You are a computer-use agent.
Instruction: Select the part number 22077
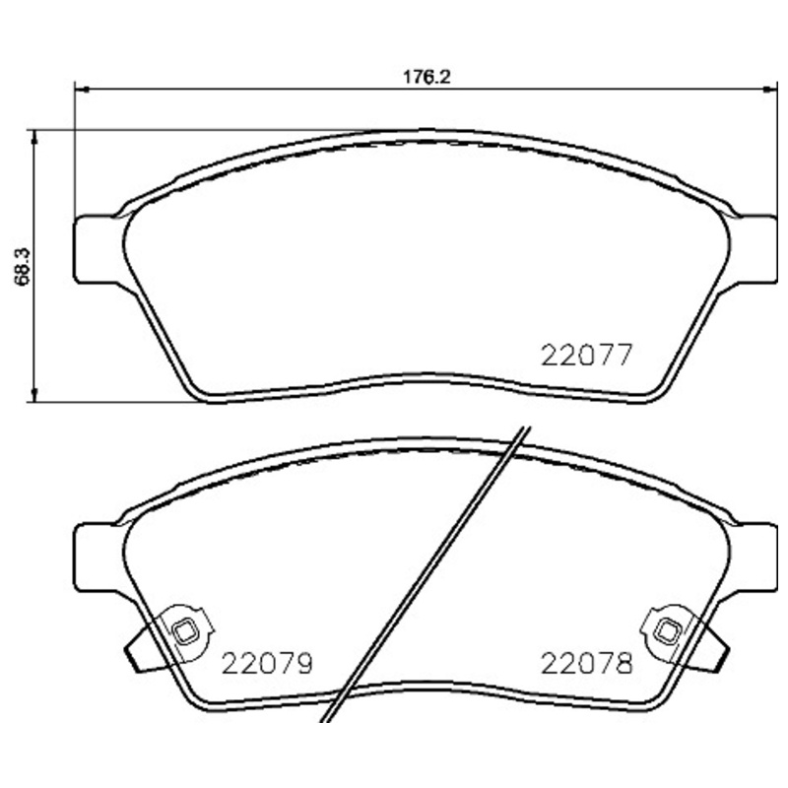coord(585,355)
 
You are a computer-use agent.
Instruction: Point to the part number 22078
coord(585,663)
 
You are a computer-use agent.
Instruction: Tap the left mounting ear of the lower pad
coord(97,557)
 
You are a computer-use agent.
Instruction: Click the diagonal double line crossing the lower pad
coord(433,571)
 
